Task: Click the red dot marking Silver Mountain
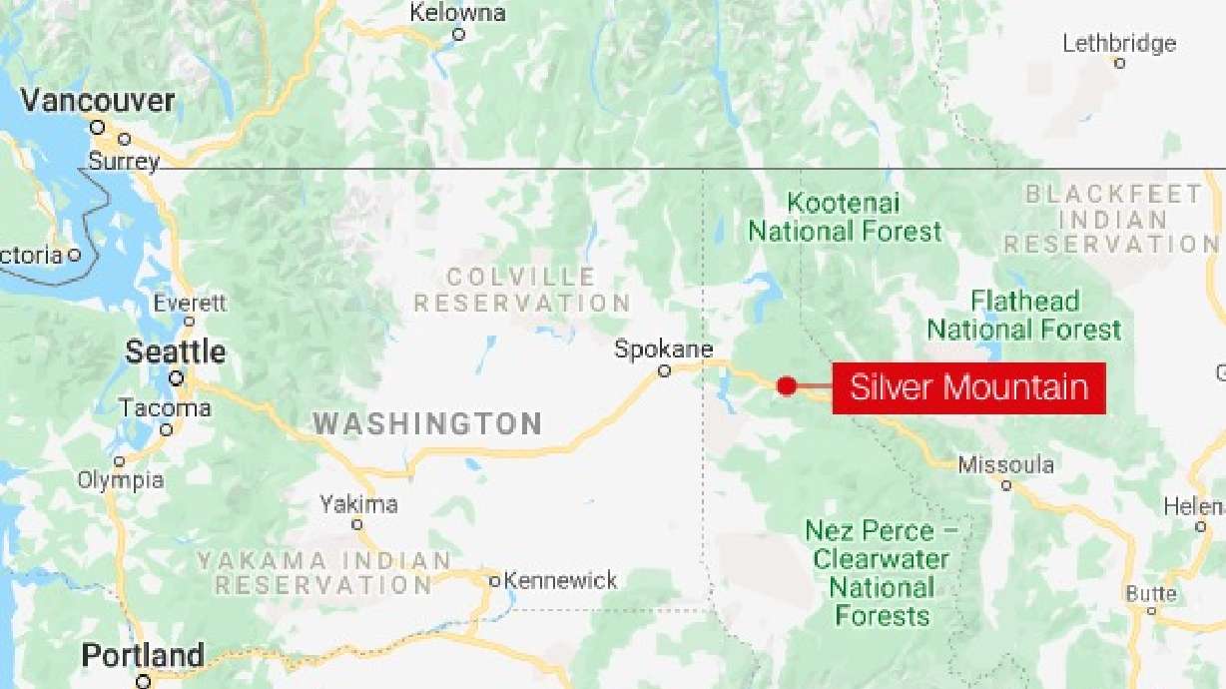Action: [x=787, y=385]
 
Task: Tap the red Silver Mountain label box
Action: [x=968, y=387]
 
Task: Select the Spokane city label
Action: [x=663, y=349]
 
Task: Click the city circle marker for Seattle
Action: [x=177, y=378]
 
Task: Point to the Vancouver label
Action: [x=98, y=101]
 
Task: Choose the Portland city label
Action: [x=143, y=656]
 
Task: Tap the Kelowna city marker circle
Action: [x=458, y=34]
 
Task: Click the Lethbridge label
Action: [x=1119, y=43]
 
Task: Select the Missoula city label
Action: [x=1005, y=465]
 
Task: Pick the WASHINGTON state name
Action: [x=428, y=423]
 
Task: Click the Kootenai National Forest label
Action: [x=845, y=218]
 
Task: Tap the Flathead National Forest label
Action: [x=1024, y=315]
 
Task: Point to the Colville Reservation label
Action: [x=521, y=290]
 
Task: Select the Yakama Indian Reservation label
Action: [x=324, y=573]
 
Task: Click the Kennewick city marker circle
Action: [x=494, y=580]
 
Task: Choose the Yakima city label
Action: [x=358, y=504]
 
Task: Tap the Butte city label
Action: [x=1151, y=594]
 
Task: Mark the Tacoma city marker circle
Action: [x=167, y=429]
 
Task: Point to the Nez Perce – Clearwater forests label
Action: [x=883, y=573]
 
